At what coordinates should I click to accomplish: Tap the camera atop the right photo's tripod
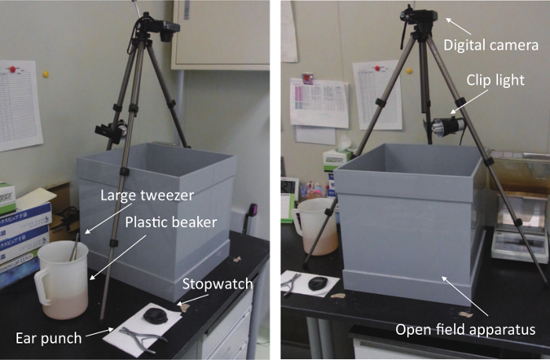[x=419, y=15]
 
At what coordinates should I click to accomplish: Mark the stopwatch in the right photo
[x=318, y=283]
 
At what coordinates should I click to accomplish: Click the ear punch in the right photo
[x=291, y=282]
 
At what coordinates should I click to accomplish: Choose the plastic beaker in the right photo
[x=315, y=226]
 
